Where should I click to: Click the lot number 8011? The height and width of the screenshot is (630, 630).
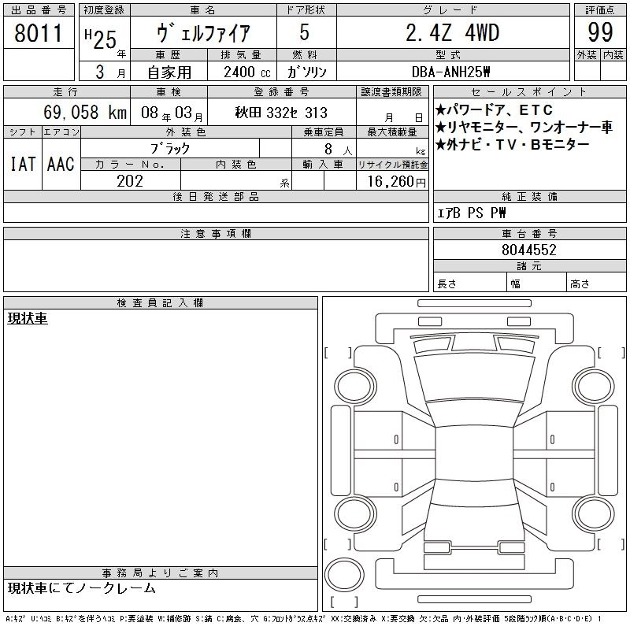click(38, 33)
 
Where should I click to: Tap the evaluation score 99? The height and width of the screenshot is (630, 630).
click(600, 32)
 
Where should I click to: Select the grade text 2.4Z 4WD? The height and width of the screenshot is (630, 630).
click(453, 32)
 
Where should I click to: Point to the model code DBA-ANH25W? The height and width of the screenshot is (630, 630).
click(450, 72)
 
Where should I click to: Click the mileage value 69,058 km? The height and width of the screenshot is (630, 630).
click(85, 112)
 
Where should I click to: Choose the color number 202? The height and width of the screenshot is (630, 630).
click(130, 181)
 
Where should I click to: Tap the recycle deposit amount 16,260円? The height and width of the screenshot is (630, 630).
click(396, 182)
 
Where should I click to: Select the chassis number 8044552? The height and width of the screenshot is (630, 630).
click(528, 250)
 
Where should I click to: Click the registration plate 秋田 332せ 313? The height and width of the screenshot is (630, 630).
click(281, 113)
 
